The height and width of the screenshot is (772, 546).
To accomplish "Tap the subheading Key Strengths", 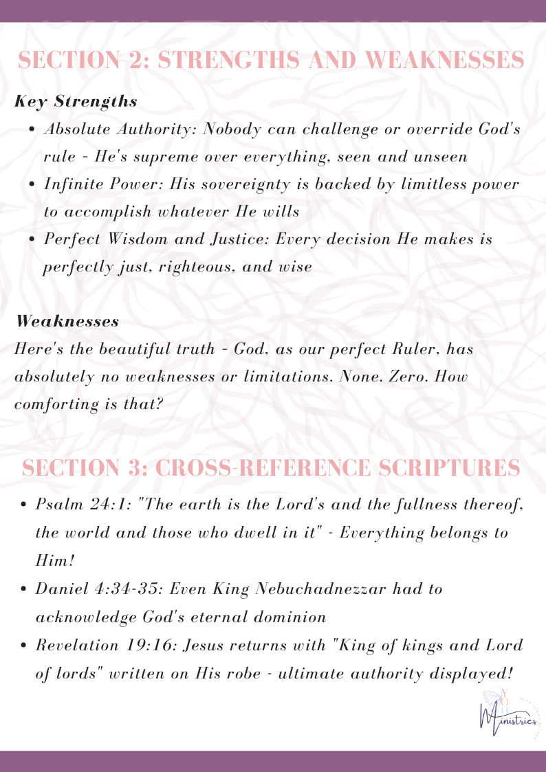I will [76, 102].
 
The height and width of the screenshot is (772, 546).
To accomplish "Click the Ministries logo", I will [508, 716].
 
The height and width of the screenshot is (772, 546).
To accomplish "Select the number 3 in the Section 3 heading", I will [134, 469].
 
